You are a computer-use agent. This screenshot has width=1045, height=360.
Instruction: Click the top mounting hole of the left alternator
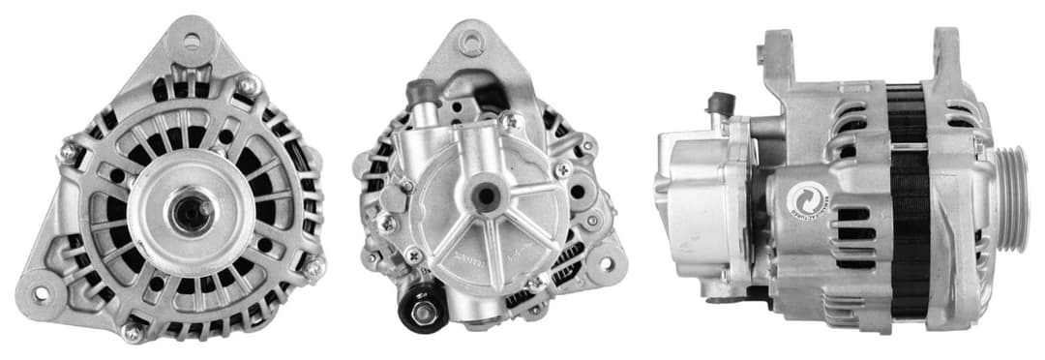point(191,41)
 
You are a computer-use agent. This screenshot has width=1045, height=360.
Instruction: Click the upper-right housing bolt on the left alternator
point(250,87)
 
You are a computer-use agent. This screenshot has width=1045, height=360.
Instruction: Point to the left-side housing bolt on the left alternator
point(68,151)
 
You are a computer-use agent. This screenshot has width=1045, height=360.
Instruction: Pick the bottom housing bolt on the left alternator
point(133,332)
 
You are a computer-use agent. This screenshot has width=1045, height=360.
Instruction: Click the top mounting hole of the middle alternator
point(470,43)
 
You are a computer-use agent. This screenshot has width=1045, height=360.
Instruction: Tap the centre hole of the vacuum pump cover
point(487,196)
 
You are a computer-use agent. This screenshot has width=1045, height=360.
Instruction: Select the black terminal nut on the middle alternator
point(423,312)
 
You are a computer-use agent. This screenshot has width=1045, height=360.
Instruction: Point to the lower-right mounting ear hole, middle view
point(607,261)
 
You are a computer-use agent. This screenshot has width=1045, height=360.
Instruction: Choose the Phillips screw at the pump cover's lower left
point(414,256)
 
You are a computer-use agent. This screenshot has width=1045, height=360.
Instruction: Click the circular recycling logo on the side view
point(803,199)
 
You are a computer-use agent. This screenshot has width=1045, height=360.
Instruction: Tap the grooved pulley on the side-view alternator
point(1012,199)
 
